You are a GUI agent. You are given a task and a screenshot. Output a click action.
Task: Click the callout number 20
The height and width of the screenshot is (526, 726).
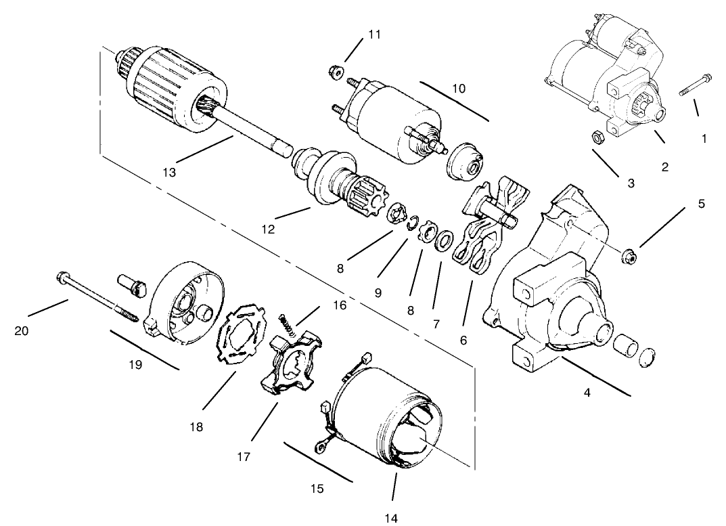click(x=22, y=332)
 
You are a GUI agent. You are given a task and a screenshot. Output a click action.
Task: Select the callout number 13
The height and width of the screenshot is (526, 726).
click(x=168, y=173)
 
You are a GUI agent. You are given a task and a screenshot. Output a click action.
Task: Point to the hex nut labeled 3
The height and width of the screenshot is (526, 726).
click(x=598, y=137)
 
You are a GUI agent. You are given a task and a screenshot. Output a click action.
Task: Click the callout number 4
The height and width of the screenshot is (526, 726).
click(x=587, y=392)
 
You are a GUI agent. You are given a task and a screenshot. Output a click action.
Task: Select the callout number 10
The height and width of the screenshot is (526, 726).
click(x=459, y=89)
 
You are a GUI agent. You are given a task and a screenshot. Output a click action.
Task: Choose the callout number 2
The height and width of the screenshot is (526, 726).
click(x=665, y=167)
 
